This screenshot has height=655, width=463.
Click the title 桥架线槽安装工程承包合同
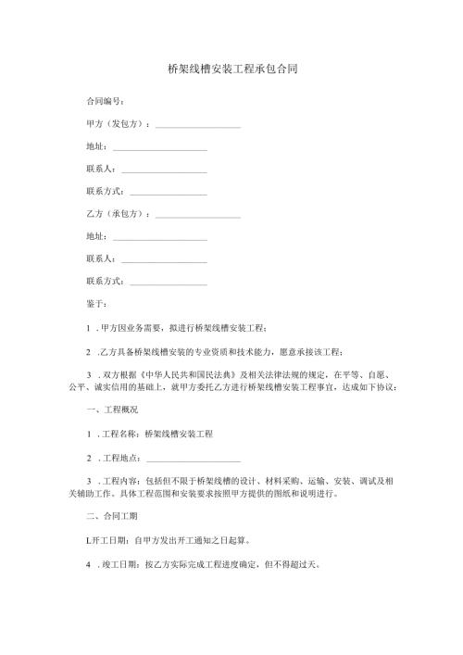pyautogui.click(x=231, y=69)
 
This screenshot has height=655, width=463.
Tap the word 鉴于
pyautogui.click(x=94, y=303)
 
